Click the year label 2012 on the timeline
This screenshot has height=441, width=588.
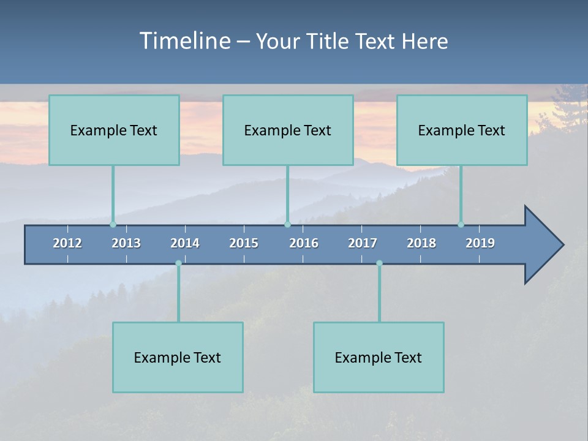click(67, 243)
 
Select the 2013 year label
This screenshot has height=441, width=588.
click(126, 243)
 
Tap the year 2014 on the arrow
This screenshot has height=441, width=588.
click(185, 243)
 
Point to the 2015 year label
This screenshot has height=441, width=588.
click(244, 243)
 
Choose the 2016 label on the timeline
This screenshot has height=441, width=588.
click(304, 243)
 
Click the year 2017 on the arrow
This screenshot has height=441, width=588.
click(363, 243)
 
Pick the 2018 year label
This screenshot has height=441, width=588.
click(421, 243)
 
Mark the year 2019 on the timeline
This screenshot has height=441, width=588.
click(480, 243)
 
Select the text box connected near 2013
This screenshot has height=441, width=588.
click(114, 130)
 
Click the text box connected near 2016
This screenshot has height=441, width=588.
click(288, 130)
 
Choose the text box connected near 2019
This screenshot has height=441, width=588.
click(462, 130)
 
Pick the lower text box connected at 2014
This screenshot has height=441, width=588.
click(178, 357)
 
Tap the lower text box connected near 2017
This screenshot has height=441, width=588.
click(379, 357)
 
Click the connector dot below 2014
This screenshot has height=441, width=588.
click(178, 263)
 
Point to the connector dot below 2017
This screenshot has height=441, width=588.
click(379, 263)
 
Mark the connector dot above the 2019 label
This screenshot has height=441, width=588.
click(461, 224)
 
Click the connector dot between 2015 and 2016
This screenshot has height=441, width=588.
click(287, 224)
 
